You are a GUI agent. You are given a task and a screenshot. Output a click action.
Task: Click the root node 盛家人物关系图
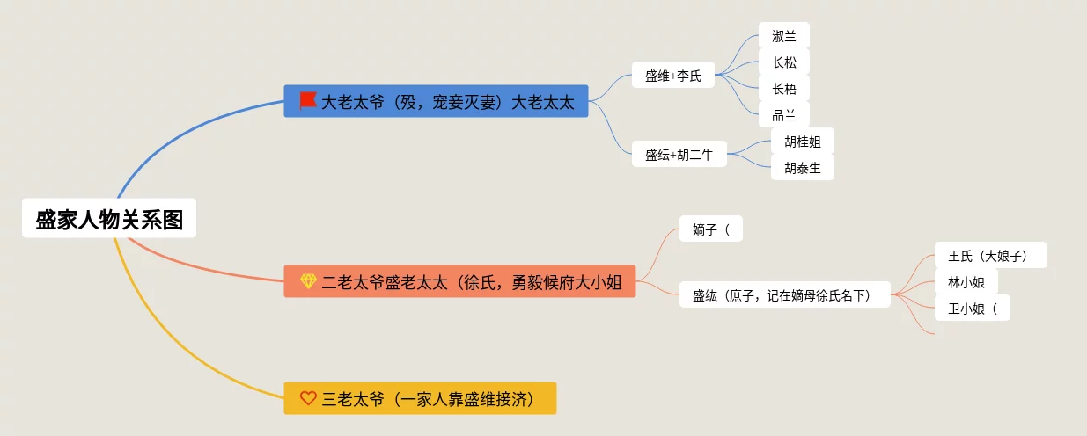(x=109, y=218)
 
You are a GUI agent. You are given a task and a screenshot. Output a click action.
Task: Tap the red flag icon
(x=307, y=101)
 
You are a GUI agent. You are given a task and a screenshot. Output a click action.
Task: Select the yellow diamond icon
(x=308, y=281)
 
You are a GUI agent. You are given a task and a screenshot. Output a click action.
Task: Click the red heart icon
(x=308, y=398)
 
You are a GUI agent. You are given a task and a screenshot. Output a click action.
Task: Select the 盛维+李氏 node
(x=672, y=75)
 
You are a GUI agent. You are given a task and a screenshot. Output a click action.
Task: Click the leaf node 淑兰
(x=783, y=36)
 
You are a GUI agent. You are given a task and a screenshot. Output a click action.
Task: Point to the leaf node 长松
(x=783, y=62)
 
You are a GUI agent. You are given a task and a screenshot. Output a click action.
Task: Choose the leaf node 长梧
(x=783, y=88)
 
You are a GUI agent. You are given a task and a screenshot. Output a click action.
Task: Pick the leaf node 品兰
(x=783, y=114)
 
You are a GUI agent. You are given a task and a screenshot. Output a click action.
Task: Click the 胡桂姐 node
(x=802, y=142)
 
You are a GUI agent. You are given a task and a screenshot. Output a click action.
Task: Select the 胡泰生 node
(x=802, y=167)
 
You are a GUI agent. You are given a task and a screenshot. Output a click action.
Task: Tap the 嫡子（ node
(x=711, y=229)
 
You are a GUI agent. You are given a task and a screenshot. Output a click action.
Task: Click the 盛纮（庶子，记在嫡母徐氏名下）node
(x=785, y=295)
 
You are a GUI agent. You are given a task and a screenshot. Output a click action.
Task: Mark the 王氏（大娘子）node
(x=990, y=256)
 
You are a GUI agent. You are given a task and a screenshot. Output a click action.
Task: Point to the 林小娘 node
(x=966, y=281)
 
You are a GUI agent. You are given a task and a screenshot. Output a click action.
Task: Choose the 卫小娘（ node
(x=972, y=308)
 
